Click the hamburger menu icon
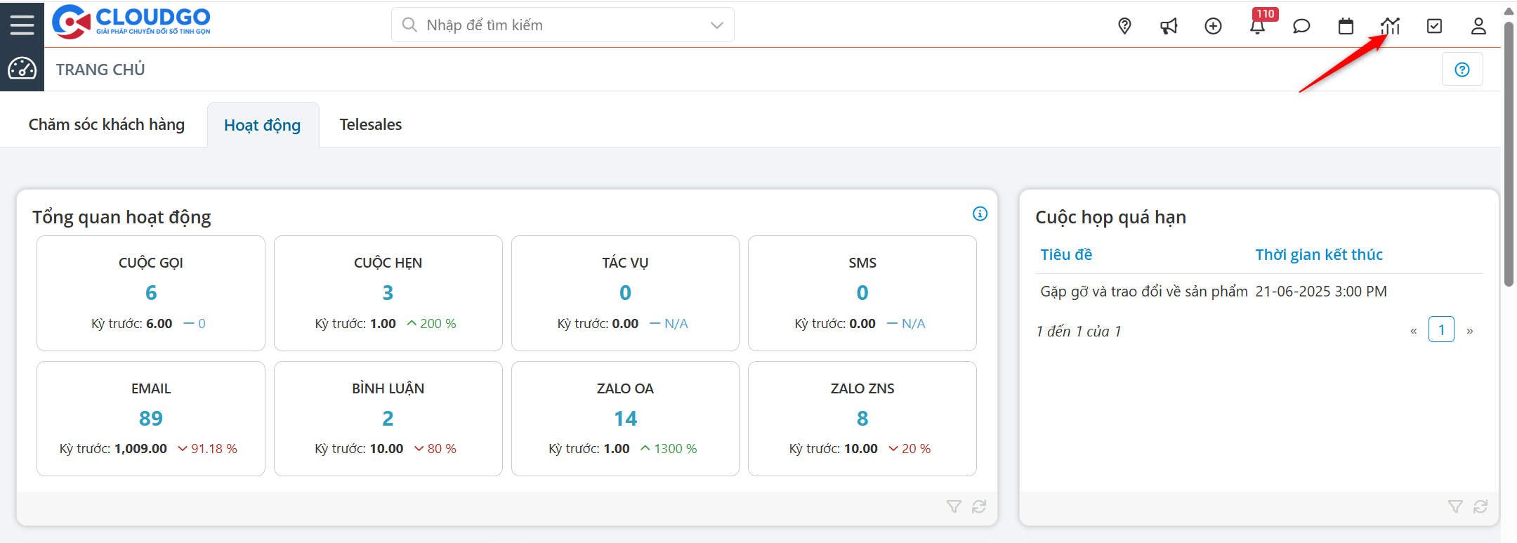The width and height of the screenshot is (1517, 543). tap(22, 25)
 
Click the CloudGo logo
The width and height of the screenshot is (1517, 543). tap(131, 22)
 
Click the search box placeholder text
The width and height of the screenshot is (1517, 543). tap(485, 25)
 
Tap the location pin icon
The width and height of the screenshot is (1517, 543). tap(1124, 26)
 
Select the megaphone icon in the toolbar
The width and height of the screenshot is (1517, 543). tap(1169, 26)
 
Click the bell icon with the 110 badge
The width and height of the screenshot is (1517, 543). tap(1257, 26)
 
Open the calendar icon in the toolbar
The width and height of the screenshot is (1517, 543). tap(1346, 26)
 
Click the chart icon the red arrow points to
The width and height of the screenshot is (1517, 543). tap(1390, 26)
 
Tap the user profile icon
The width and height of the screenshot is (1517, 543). tap(1478, 26)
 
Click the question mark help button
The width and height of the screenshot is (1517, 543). tap(1462, 70)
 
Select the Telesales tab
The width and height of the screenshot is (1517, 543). tap(371, 124)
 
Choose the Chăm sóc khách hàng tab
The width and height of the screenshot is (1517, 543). tap(107, 124)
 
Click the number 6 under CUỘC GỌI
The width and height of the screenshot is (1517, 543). tap(151, 292)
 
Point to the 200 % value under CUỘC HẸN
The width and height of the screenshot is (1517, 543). tap(438, 324)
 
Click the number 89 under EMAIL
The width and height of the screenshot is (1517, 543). tap(151, 418)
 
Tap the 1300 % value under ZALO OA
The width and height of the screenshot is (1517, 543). tap(675, 449)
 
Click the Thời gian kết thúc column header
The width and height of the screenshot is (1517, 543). tap(1319, 254)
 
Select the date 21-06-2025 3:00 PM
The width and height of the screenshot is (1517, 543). tap(1321, 292)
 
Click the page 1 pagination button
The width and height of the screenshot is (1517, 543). tap(1441, 330)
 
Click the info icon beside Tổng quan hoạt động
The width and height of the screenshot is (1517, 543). tap(980, 214)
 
